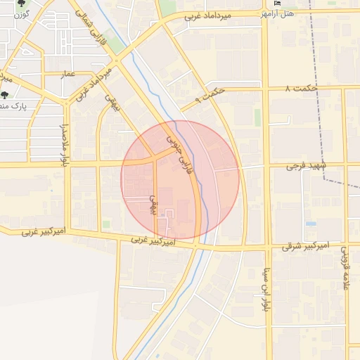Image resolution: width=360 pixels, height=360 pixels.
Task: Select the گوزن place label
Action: click(x=22, y=14)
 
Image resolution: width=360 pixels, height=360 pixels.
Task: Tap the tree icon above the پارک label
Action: click(x=5, y=95)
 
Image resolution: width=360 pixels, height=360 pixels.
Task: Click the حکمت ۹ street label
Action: click(x=209, y=95)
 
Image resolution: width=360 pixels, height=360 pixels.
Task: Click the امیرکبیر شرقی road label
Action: click(x=305, y=246)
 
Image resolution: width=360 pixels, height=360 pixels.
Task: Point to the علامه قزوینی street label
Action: click(x=346, y=268)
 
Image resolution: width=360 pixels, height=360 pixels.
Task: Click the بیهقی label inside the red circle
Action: click(x=150, y=204)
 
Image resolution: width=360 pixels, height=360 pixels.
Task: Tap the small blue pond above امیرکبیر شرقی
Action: click(x=311, y=224)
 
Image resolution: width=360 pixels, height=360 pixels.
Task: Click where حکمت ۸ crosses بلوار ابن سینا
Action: click(x=265, y=89)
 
